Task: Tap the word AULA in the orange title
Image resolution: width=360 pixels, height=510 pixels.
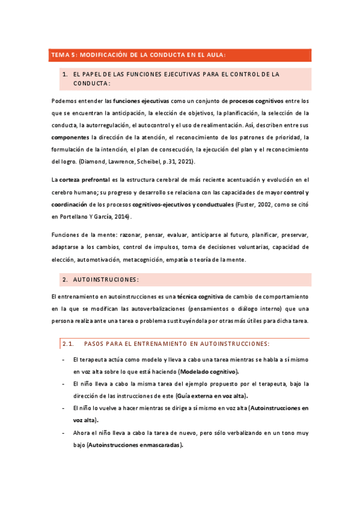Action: pos(215,55)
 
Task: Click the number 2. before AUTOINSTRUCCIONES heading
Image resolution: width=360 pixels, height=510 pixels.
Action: pos(65,280)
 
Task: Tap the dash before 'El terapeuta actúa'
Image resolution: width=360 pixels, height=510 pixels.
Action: pos(64,360)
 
